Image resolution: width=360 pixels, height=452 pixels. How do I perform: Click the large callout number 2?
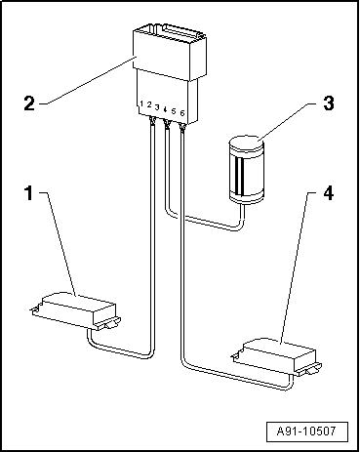(x=29, y=103)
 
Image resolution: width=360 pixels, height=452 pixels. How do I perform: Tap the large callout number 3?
(x=329, y=103)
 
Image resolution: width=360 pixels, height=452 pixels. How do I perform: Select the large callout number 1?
(x=29, y=192)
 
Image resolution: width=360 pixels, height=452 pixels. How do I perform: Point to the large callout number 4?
(x=329, y=192)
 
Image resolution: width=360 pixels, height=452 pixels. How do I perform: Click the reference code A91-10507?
(x=306, y=431)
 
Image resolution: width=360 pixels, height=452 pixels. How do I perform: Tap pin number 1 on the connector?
(x=141, y=103)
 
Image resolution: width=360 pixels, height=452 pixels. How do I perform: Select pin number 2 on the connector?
(x=149, y=104)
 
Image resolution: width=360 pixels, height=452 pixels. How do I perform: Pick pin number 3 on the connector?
(x=157, y=107)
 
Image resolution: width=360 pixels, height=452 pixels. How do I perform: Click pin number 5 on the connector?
(x=174, y=111)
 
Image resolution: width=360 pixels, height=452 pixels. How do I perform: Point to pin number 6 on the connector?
(x=182, y=113)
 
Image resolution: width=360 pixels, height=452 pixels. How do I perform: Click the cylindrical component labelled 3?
(x=246, y=170)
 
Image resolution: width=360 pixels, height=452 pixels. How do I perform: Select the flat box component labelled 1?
(x=75, y=310)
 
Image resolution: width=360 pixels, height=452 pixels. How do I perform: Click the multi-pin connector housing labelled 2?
(x=169, y=73)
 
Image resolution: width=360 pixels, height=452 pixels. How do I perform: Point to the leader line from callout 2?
(x=88, y=80)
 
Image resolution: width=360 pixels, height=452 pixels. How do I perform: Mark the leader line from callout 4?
(x=294, y=267)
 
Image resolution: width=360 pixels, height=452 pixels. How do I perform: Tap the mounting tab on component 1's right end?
(x=109, y=324)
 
